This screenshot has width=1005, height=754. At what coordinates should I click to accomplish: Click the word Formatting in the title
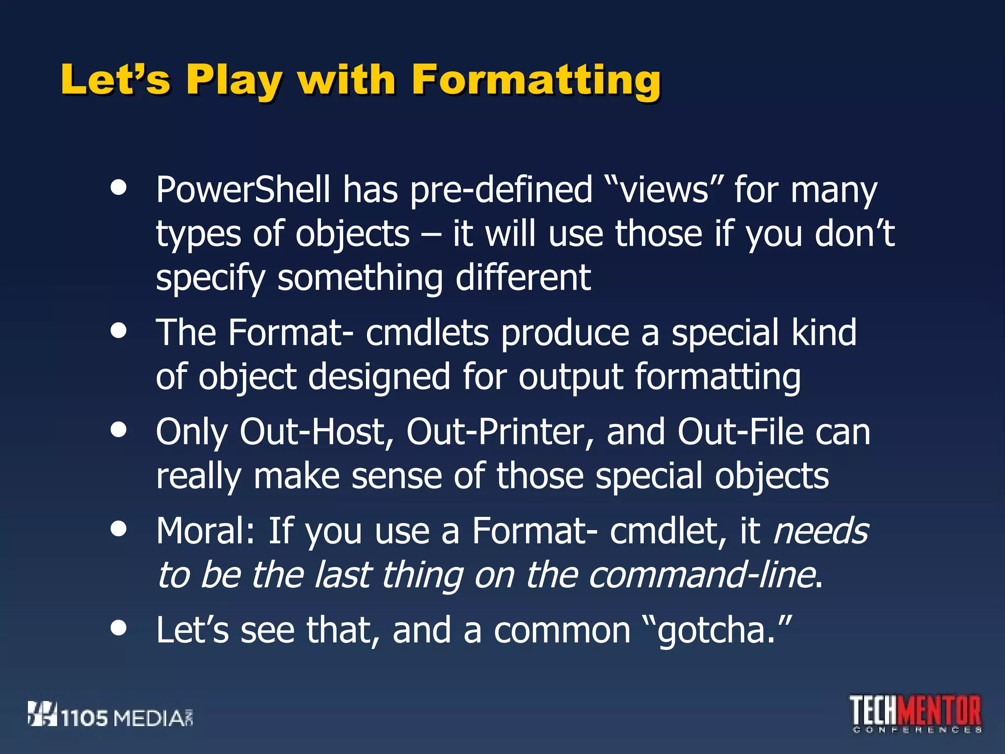[536, 80]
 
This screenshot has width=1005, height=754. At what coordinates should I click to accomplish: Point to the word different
[523, 277]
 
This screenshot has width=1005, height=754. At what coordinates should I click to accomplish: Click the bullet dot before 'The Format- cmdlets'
[118, 330]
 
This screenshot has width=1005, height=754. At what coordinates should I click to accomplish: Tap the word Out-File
[741, 432]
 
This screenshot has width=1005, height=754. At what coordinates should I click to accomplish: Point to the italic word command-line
[702, 575]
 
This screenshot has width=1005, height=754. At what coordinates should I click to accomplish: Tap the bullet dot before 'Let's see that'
[118, 627]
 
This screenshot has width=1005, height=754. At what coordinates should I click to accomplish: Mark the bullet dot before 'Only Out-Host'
[118, 430]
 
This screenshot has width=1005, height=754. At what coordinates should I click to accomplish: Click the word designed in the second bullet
[379, 377]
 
